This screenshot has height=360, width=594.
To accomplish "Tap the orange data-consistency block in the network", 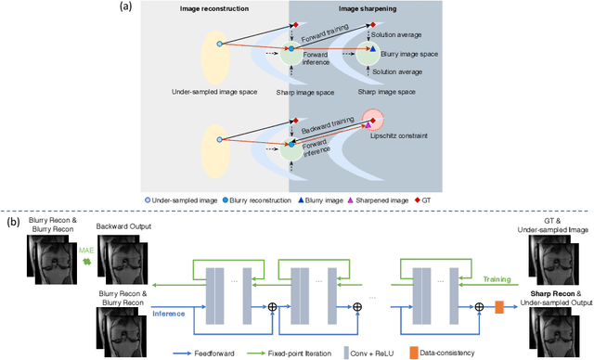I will tap(499, 305).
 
